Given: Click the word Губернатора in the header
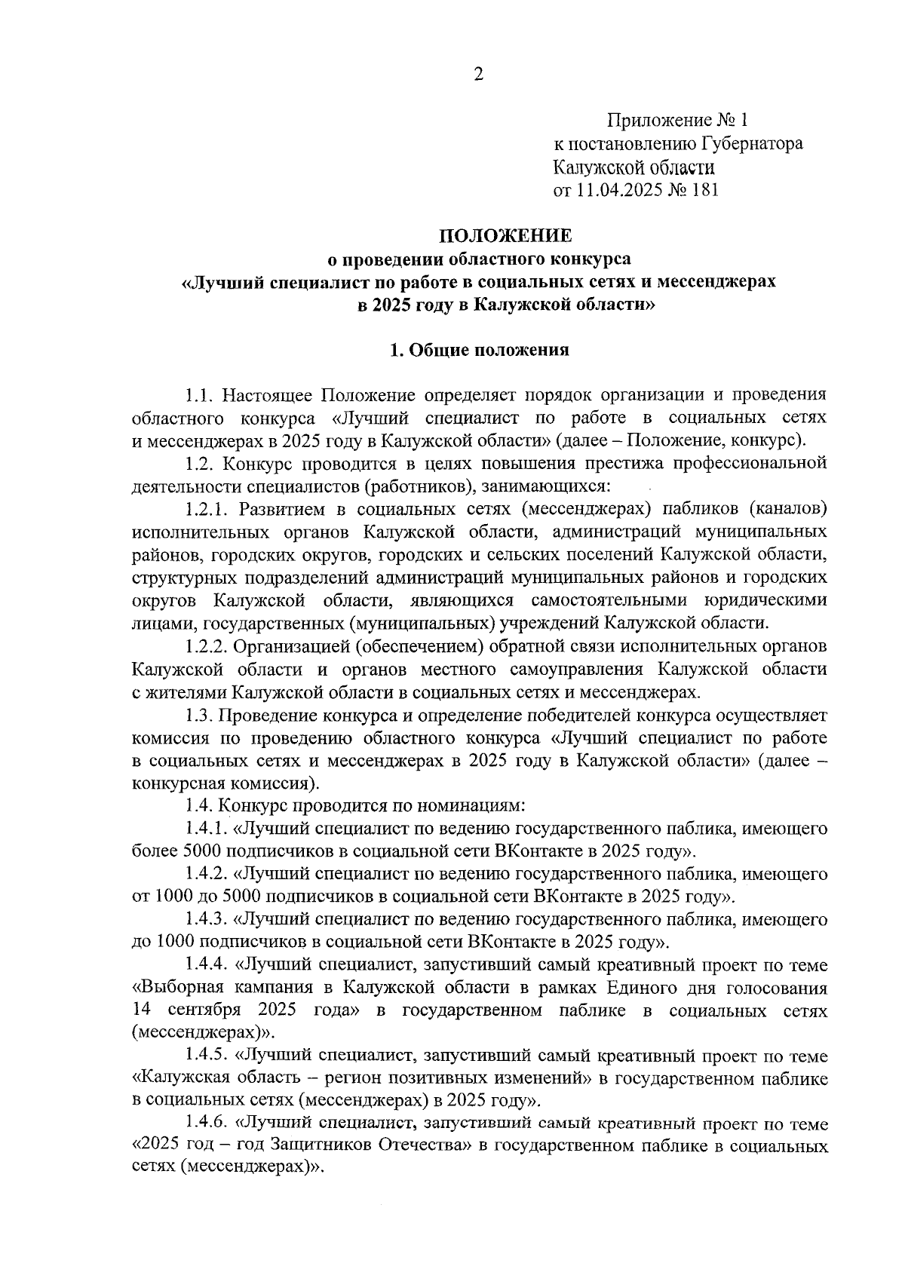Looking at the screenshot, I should (752, 143).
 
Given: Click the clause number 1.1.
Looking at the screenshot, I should (201, 394).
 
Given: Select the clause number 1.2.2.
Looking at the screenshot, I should (209, 646).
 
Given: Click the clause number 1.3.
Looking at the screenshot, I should (201, 714).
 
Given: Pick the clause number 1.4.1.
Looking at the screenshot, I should (209, 829).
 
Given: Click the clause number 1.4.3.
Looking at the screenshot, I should (209, 920).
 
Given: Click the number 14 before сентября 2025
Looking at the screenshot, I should (142, 1010).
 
